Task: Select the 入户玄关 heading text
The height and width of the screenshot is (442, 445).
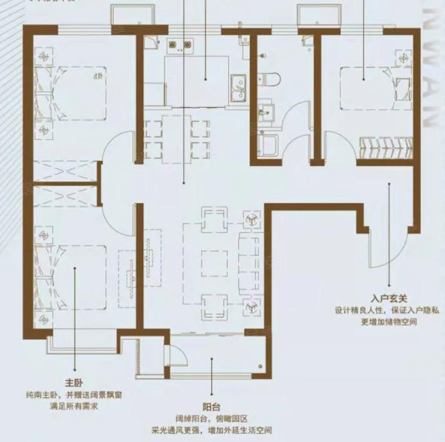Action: (390, 298)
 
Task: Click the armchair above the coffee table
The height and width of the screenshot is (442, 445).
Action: (213, 219)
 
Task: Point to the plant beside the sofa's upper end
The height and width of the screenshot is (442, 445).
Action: (250, 220)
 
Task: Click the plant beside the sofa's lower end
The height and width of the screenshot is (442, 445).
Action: (250, 306)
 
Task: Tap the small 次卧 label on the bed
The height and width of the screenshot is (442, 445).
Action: (98, 76)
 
